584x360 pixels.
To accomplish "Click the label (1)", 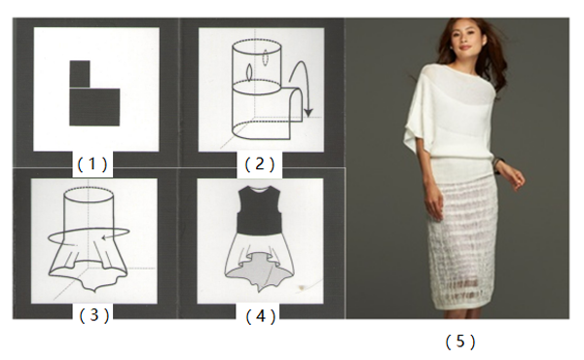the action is pos(92,163).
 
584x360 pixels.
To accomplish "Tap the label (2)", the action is pos(260,163).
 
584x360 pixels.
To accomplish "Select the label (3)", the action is pos(94,315).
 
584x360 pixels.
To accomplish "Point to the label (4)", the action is pos(261,316).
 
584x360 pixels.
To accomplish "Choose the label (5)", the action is pos(460,341).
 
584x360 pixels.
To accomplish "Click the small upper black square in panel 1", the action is pos(80,74).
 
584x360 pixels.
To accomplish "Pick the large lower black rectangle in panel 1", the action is pos(94,107).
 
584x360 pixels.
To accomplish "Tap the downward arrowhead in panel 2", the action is pos(308,112).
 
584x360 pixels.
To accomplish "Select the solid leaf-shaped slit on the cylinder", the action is pos(248,72).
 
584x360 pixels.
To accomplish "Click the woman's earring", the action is pos(453,47).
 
